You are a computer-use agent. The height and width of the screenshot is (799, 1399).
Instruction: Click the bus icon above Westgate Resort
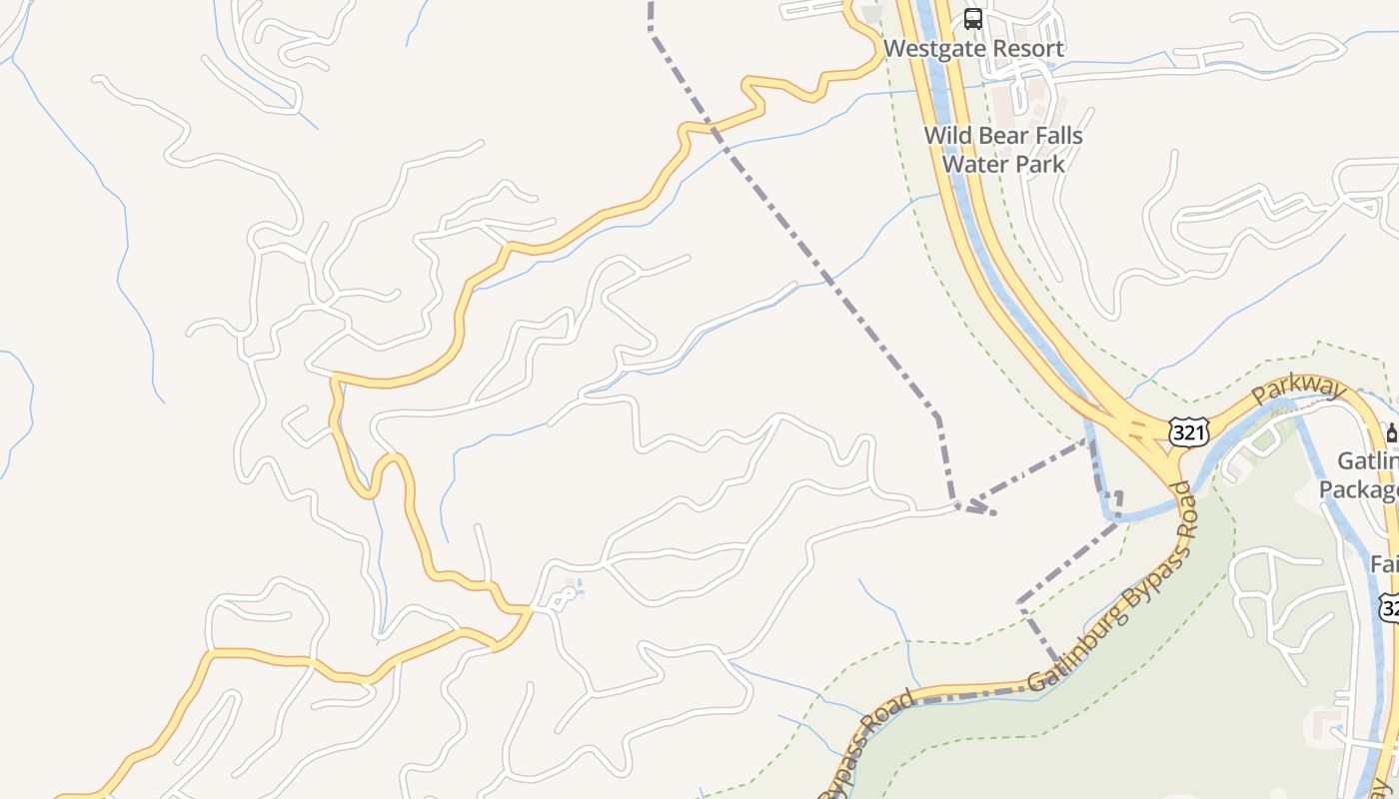972,18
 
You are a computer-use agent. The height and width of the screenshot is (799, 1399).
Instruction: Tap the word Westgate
929,49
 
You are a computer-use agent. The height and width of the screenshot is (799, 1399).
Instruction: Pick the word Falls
1054,136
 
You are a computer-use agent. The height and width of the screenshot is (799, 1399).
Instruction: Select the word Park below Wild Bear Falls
1035,164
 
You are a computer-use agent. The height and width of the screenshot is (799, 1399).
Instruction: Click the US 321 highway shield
1188,432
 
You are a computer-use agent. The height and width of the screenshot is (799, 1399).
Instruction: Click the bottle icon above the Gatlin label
1391,433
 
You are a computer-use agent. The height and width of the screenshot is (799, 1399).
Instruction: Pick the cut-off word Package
1359,490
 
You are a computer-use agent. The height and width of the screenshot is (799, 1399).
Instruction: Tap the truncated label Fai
1383,564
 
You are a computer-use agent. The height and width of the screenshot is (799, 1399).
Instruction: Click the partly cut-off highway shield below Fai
1389,607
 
